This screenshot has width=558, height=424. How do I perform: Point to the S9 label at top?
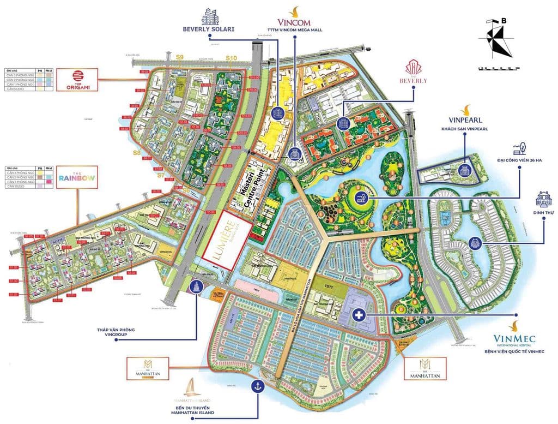[180, 57]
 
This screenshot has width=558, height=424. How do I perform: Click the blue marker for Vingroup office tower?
[195, 287]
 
